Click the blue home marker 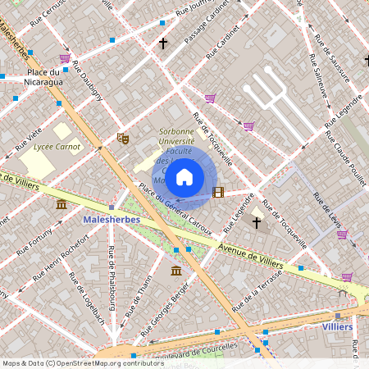pos(184,176)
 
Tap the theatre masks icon pos(123,139)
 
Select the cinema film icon pos(217,193)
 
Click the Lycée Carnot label pos(57,148)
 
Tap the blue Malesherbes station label pos(112,220)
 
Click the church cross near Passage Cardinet pos(162,43)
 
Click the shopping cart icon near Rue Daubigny pos(65,58)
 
